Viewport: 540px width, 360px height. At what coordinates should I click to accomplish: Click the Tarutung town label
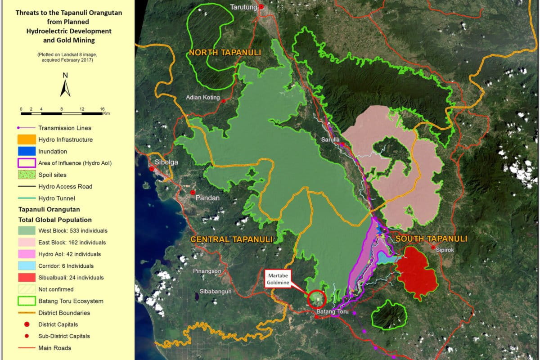click(243, 7)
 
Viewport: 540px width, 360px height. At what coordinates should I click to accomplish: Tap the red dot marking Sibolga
click(152, 169)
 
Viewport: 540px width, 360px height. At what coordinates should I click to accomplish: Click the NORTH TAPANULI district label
click(225, 53)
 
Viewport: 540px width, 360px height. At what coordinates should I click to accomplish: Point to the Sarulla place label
click(331, 139)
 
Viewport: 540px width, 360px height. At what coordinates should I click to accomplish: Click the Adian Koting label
click(203, 98)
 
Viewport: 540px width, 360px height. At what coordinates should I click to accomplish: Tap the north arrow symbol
click(65, 85)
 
